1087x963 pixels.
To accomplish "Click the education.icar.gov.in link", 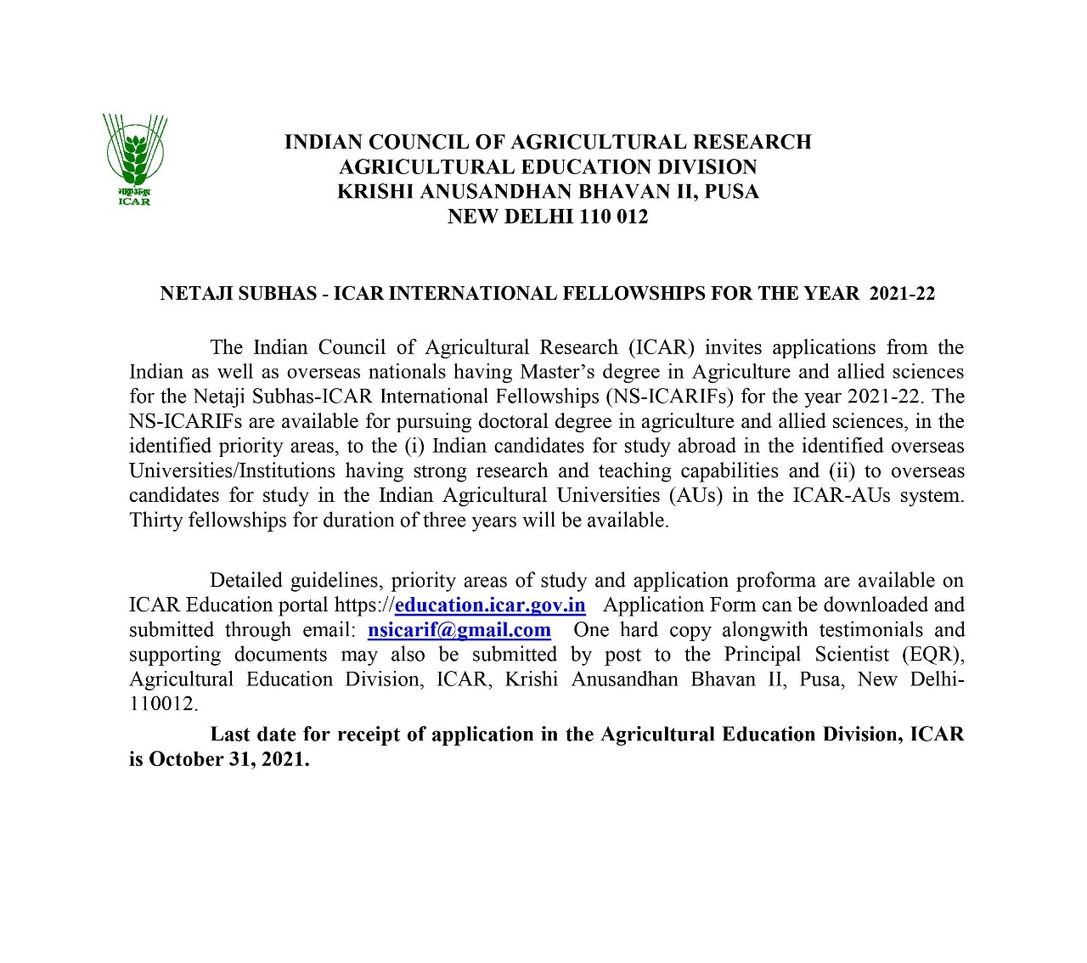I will [x=490, y=605].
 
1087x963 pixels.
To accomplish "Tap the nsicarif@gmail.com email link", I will [x=459, y=630].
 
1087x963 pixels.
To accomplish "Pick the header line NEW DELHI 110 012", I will [x=548, y=217].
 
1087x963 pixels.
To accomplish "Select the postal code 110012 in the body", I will [x=161, y=704].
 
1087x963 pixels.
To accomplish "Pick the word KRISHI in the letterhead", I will [x=375, y=192].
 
